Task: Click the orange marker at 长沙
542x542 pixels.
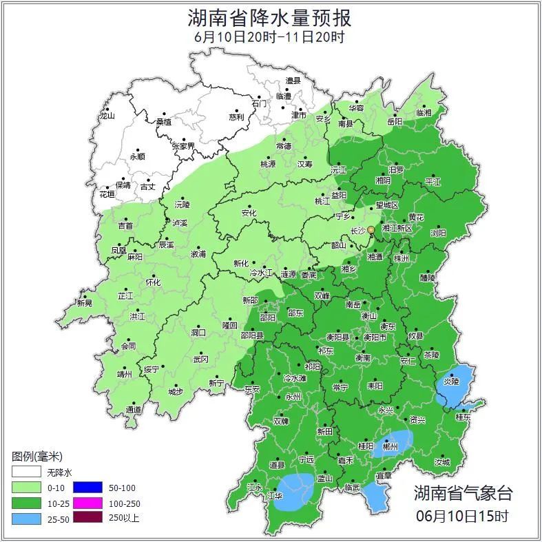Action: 371,229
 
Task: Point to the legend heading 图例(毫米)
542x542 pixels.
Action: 37,456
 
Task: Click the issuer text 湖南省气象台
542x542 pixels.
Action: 463,492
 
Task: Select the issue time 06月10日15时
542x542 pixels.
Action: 463,515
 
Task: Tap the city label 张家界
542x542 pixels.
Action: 183,146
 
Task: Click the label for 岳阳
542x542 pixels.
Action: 395,121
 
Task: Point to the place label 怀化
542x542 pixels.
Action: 153,282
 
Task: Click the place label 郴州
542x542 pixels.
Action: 390,446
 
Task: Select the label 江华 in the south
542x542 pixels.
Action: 275,495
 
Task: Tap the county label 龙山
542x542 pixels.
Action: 107,116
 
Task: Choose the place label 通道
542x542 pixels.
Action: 134,410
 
